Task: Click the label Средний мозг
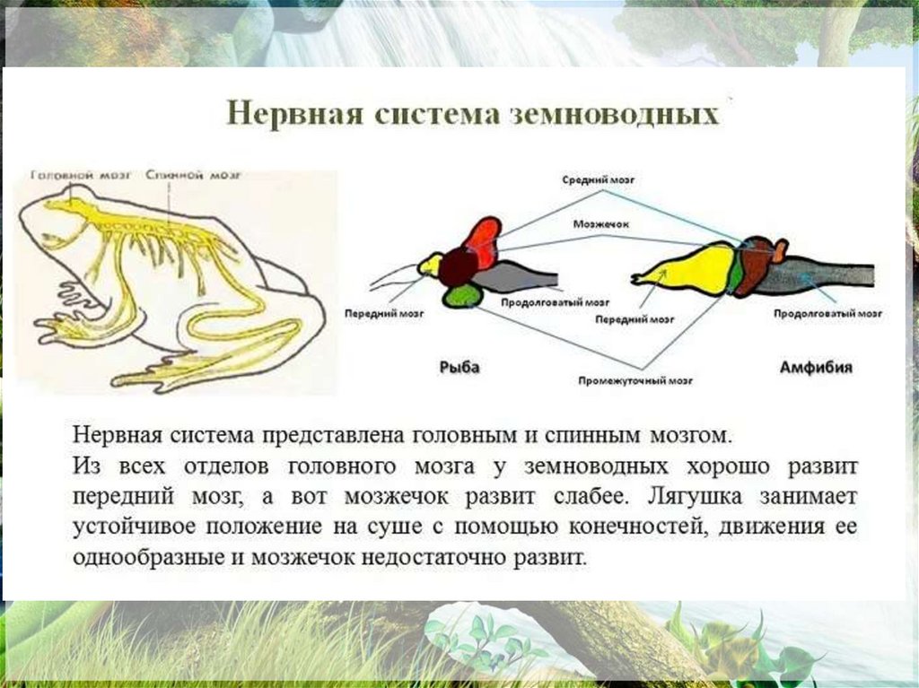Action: (598, 179)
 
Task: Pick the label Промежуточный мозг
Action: (634, 380)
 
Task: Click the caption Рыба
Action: (459, 367)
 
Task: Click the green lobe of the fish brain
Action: (463, 294)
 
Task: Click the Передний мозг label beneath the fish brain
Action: (384, 315)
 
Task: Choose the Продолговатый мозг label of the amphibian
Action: (827, 314)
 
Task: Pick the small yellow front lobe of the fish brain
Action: (430, 264)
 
